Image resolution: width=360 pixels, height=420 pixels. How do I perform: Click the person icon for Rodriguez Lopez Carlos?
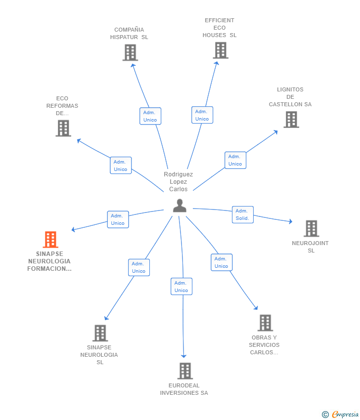coord(180,206)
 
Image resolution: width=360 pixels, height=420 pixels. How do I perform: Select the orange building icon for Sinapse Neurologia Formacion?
coord(50,240)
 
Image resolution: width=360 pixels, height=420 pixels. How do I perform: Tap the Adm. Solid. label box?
coord(243,214)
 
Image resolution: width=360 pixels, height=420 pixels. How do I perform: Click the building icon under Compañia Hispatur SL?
coord(130,52)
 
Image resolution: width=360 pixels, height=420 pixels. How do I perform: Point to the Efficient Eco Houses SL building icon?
coord(221,50)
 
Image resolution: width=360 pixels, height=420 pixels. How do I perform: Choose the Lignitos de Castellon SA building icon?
coord(291,120)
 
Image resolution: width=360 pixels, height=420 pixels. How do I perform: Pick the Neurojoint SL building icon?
coord(311,228)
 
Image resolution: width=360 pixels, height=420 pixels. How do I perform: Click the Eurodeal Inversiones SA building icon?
coord(185,371)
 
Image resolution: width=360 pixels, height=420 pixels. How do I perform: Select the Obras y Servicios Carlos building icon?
coord(266,323)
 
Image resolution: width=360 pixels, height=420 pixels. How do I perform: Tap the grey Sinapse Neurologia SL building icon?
coord(100,333)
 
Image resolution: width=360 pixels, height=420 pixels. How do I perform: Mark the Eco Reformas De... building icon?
coord(63,128)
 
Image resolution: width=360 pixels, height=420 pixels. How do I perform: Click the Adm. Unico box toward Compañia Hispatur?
coord(150,116)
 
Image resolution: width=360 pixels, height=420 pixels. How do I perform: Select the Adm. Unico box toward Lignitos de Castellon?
coord(235,160)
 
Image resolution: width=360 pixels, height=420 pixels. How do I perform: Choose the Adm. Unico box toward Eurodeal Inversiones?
coord(181,286)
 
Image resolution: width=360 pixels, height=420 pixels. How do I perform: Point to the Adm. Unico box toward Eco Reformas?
coord(121,165)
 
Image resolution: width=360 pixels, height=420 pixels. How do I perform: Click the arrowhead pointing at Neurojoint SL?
coord(290,221)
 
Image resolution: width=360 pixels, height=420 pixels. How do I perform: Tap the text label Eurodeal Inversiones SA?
coord(184,389)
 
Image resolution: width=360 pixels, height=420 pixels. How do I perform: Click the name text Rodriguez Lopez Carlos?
coord(178,182)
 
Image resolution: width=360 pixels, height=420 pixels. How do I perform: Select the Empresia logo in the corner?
coord(340,414)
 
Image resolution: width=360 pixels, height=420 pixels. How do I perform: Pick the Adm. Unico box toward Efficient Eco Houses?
coord(202,115)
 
